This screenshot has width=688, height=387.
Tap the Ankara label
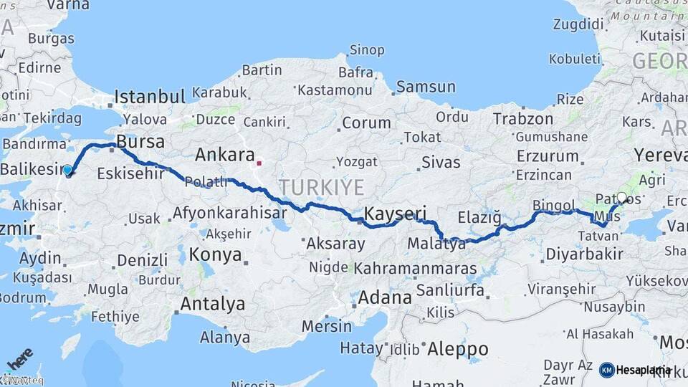pyautogui.click(x=225, y=155)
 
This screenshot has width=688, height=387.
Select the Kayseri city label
pyautogui.click(x=395, y=214)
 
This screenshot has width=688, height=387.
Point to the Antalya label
pyautogui.click(x=212, y=304)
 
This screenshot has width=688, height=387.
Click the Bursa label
pyautogui.click(x=140, y=140)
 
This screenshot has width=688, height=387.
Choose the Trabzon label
pyautogui.click(x=523, y=119)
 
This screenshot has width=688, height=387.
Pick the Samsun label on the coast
pyautogui.click(x=426, y=87)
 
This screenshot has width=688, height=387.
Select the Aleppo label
pyautogui.click(x=458, y=350)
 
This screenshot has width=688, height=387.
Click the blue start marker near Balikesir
pyautogui.click(x=67, y=170)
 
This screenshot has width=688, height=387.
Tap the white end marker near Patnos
pyautogui.click(x=621, y=198)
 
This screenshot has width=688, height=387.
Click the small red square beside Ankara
pyautogui.click(x=259, y=163)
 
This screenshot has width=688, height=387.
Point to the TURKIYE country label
pyautogui.click(x=322, y=188)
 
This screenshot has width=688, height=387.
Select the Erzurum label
pyautogui.click(x=547, y=156)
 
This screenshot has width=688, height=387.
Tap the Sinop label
pyautogui.click(x=367, y=50)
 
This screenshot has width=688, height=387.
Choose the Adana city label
pyautogui.click(x=385, y=297)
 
